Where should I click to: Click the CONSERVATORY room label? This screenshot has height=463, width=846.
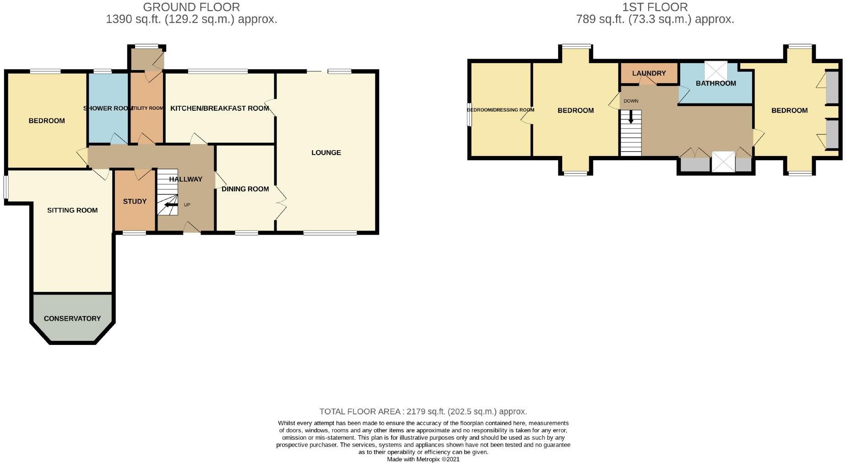click(x=72, y=318)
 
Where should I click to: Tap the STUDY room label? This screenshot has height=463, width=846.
click(x=135, y=201)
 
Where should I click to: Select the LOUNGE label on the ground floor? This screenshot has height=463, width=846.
click(x=326, y=153)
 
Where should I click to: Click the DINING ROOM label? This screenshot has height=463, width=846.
click(x=245, y=189)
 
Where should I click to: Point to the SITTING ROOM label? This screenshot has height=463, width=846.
click(x=72, y=210)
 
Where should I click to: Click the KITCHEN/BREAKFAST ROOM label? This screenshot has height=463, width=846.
click(x=219, y=108)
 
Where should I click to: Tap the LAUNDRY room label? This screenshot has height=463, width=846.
click(x=649, y=73)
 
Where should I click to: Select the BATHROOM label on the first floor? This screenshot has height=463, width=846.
click(x=716, y=83)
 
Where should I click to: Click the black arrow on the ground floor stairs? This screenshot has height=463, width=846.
click(x=171, y=205)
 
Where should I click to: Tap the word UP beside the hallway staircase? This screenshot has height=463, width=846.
click(x=187, y=205)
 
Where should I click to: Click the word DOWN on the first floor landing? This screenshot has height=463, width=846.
click(x=630, y=101)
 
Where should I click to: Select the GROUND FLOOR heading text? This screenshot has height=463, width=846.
click(x=191, y=7)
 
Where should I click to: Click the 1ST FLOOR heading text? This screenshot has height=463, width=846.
click(x=655, y=7)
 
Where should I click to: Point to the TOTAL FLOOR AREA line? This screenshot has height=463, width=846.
click(x=423, y=411)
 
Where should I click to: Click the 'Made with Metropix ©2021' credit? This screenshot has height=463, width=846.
click(x=423, y=459)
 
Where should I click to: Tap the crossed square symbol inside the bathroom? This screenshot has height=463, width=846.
click(x=715, y=70)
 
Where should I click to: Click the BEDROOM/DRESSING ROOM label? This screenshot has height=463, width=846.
click(x=500, y=110)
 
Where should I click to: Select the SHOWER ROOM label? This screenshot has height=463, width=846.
click(x=108, y=108)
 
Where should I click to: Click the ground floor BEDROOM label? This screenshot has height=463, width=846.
click(x=47, y=121)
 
